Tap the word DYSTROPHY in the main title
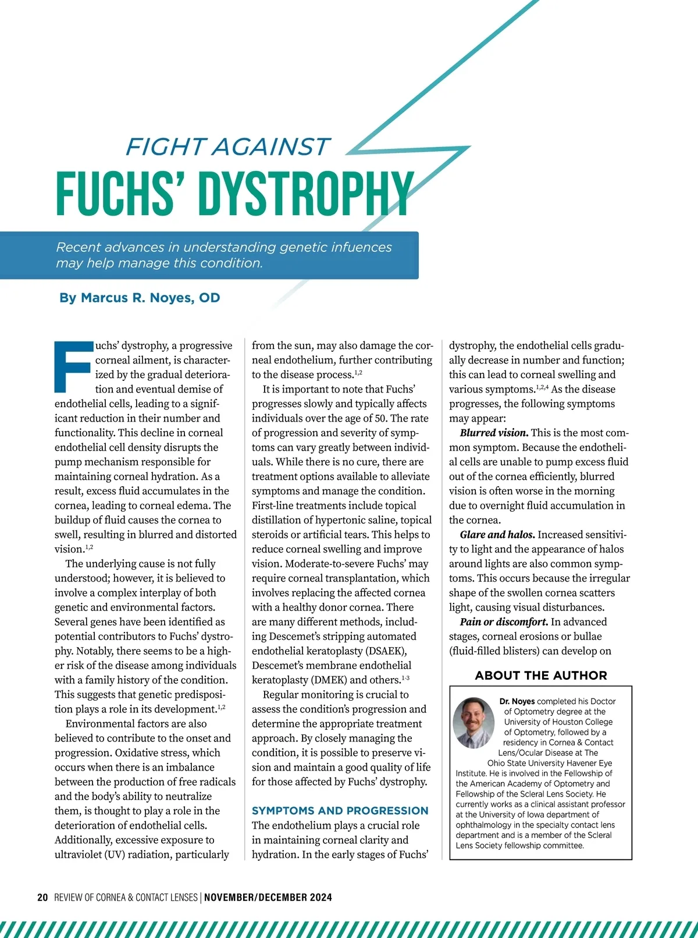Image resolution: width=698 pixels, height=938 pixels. pos(307,194)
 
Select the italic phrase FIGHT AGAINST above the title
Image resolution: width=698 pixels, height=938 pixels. pos(228,147)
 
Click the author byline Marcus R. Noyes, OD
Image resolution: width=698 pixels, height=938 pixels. pos(140,298)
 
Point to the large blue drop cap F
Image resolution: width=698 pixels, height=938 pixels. pos(73,366)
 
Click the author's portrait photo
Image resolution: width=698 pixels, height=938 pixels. pos(473,722)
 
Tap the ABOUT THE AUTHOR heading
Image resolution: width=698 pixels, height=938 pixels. pos(541,675)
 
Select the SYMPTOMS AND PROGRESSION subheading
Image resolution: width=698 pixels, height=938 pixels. pos(340,811)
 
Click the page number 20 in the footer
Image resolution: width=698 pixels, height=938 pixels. pos(42,897)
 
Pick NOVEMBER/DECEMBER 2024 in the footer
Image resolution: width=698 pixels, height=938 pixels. pos(268,897)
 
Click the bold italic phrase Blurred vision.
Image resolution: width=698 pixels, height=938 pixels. pos(494,433)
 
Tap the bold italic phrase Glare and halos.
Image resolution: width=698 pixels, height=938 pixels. pos(497,534)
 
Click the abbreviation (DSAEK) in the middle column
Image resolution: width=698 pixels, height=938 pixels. pos(385,651)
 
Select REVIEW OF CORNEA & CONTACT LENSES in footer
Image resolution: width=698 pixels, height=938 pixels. pos(126,897)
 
